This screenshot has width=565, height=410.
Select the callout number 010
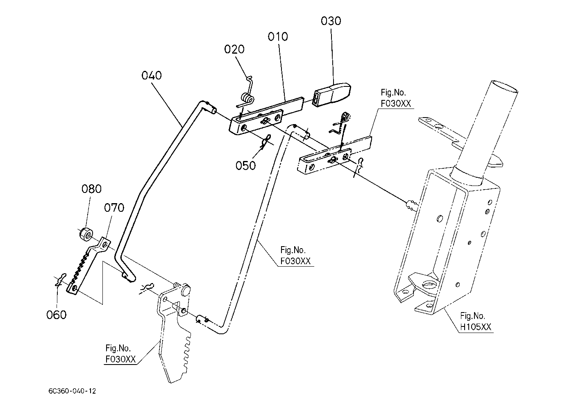click(278, 36)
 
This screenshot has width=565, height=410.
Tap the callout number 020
click(234, 49)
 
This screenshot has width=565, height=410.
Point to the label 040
click(152, 75)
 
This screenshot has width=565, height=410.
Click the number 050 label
click(246, 165)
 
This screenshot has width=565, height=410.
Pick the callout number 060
click(57, 315)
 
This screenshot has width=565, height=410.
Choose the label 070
click(114, 208)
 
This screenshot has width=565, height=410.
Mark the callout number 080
click(91, 189)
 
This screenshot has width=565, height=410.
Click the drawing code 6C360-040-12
click(72, 391)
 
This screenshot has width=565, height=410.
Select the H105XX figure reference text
click(476, 327)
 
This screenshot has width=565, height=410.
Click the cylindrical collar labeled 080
click(85, 234)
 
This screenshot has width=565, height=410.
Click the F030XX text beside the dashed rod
click(295, 261)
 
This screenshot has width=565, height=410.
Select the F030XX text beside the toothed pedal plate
click(120, 359)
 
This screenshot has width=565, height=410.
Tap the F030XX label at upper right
click(396, 104)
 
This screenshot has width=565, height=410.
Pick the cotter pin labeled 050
click(265, 142)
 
